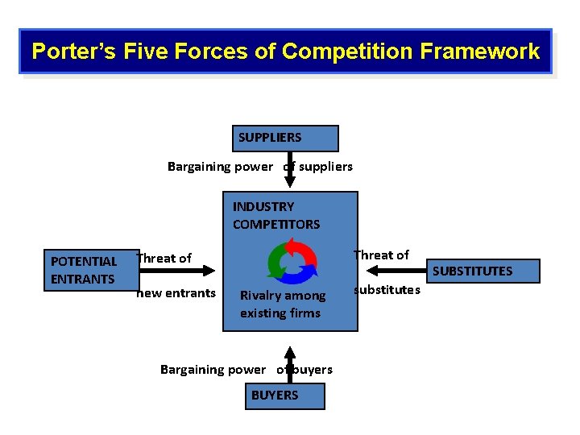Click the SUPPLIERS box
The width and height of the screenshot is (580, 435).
pos(285,139)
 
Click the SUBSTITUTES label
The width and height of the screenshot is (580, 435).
pos(472,271)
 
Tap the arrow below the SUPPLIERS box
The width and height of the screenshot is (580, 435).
pos(290,171)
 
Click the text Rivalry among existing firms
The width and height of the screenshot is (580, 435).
pos(282,304)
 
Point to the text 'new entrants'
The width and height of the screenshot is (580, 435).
pos(176,292)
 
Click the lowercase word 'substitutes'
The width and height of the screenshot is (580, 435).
pos(387,289)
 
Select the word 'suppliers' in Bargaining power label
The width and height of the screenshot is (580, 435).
pos(325,167)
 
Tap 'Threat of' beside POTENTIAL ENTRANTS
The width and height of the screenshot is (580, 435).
pos(164,259)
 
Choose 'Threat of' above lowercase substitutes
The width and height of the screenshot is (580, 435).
pos(382,255)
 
